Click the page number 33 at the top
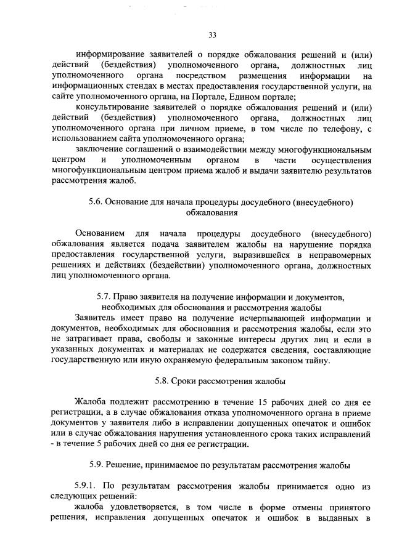coord(212,34)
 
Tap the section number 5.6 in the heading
coord(99,202)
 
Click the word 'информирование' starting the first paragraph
coord(109,54)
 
